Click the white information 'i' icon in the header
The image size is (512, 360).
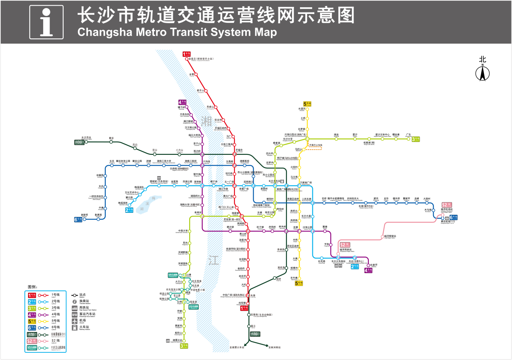click(x=46, y=22)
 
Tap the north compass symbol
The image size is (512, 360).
click(x=482, y=72)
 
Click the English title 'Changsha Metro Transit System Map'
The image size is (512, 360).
click(x=177, y=32)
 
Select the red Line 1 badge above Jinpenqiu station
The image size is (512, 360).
click(x=186, y=54)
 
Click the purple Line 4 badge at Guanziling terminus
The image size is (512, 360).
click(x=182, y=102)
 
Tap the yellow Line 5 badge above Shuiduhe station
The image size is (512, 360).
click(x=307, y=104)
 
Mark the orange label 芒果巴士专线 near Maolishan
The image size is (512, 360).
click(x=315, y=145)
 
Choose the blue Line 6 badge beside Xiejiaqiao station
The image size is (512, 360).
click(x=78, y=219)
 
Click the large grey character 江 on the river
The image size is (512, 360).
click(x=214, y=260)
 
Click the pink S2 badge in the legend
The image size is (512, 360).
click(x=32, y=341)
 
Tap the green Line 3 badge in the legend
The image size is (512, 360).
click(x=32, y=308)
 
